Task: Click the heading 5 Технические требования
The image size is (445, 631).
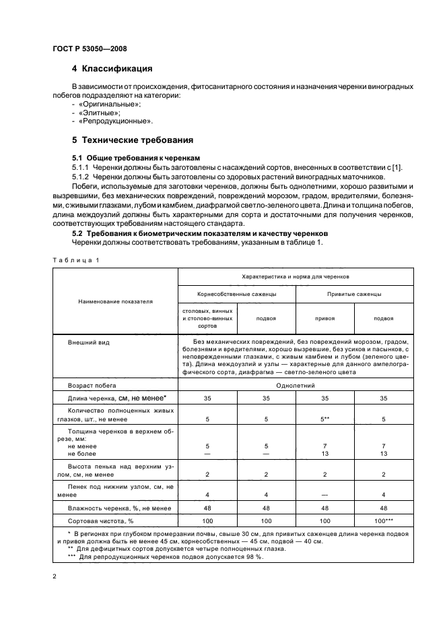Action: pos(133,141)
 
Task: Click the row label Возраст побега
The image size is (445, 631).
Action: pos(92,385)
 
